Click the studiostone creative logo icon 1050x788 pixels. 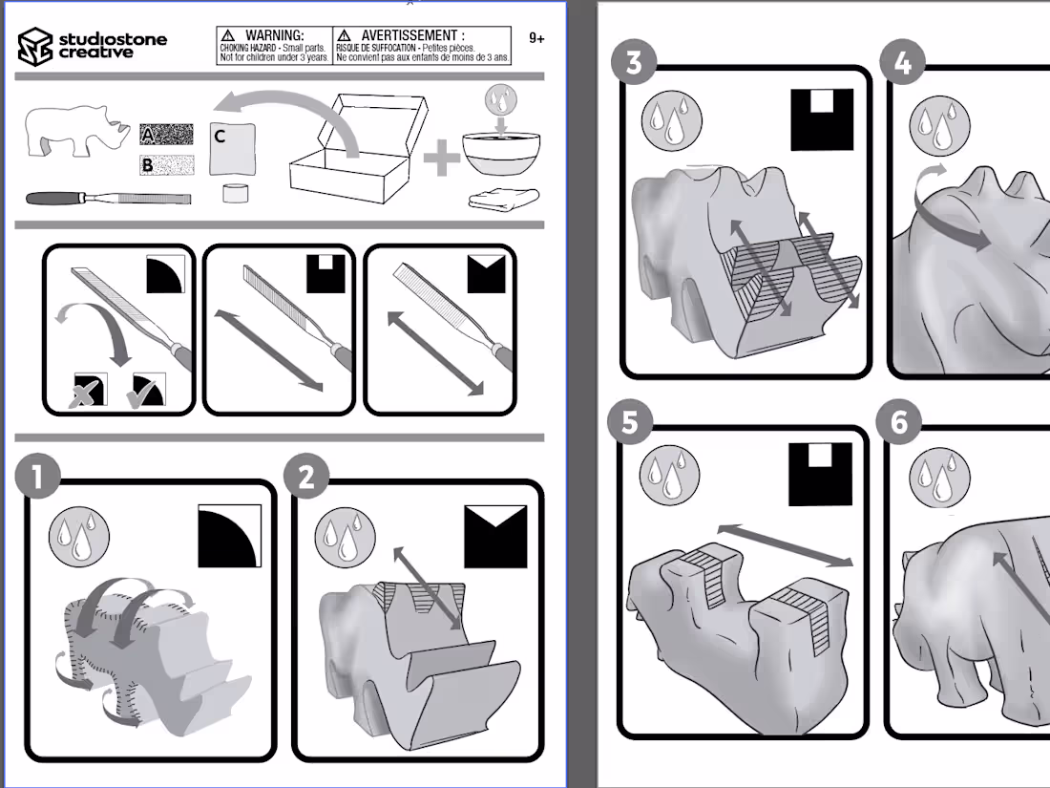pos(35,46)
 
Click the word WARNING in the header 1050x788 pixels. pos(274,36)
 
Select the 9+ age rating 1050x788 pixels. pos(536,39)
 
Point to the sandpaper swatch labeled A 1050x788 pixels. pos(166,135)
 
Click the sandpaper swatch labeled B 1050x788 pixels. pos(166,166)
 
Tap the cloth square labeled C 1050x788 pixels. pos(233,149)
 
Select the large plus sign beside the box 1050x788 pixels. pos(441,159)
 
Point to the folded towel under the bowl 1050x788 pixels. pos(504,199)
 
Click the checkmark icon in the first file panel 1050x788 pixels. pos(149,390)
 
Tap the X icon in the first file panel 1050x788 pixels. pos(91,390)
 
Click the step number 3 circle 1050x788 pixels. pos(634,63)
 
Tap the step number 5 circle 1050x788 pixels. pos(629,422)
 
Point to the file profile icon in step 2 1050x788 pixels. pos(495,536)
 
